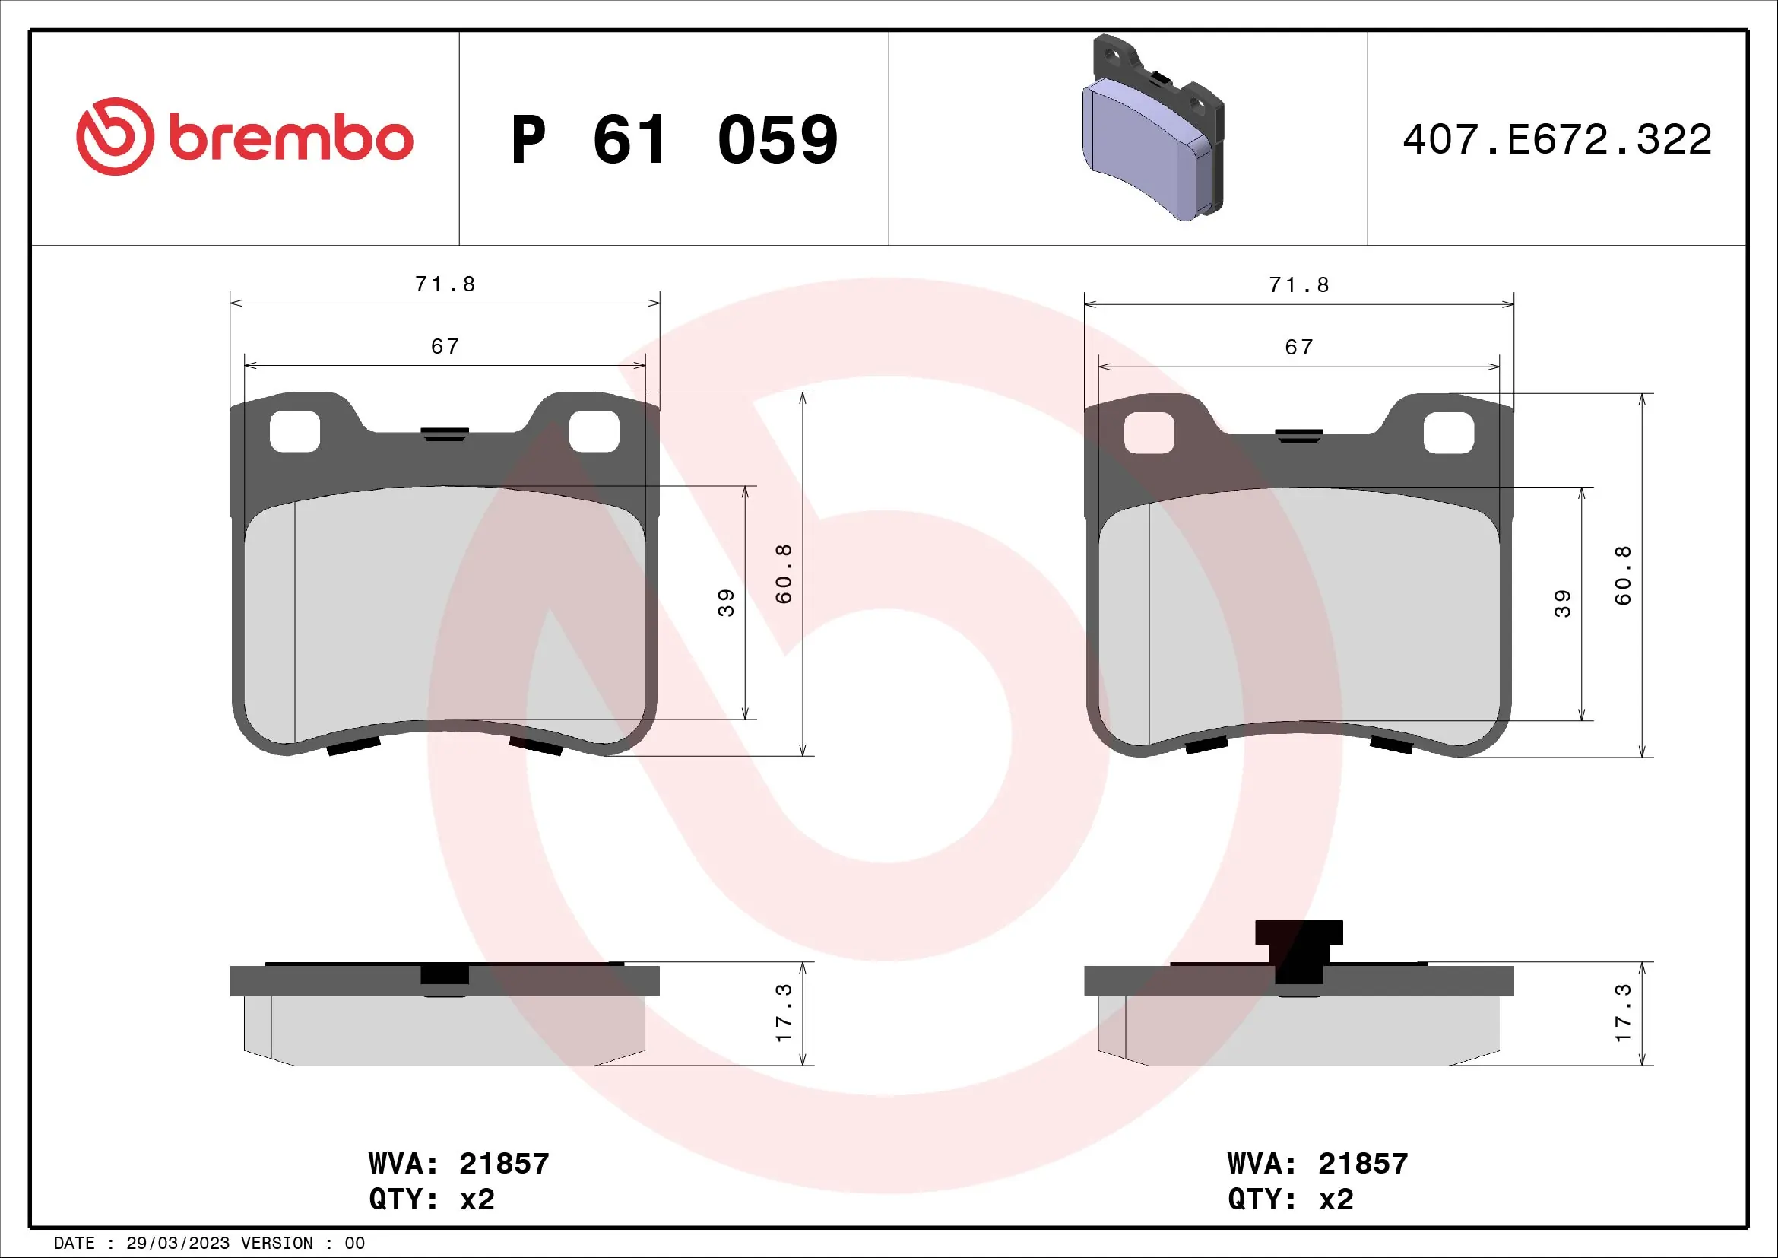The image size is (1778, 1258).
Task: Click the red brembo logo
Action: (244, 137)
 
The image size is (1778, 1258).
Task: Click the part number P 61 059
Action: (673, 140)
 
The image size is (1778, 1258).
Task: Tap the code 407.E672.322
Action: (1557, 140)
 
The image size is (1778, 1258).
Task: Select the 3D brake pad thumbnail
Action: (1152, 129)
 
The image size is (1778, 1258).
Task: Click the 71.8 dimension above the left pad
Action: (445, 284)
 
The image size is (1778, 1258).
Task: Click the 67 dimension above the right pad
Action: (1298, 347)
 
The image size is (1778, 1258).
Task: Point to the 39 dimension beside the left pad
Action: (726, 602)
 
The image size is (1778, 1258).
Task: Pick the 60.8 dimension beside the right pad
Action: (1623, 575)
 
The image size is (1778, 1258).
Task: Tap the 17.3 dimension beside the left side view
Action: (783, 1012)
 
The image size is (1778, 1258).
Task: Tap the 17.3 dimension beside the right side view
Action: (1622, 1012)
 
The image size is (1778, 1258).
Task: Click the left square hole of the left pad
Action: (294, 431)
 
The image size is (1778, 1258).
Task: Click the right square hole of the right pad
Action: (1448, 432)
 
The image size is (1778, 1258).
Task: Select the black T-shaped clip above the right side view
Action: (1298, 947)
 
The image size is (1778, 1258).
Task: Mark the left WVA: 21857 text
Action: (458, 1164)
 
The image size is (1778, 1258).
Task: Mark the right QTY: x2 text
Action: (1290, 1199)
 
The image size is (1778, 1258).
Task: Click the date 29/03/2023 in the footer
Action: (177, 1244)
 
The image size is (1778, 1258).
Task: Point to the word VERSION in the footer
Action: (277, 1244)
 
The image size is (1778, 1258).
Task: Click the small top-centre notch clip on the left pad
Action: (445, 434)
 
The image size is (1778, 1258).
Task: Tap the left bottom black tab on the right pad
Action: (1206, 745)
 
